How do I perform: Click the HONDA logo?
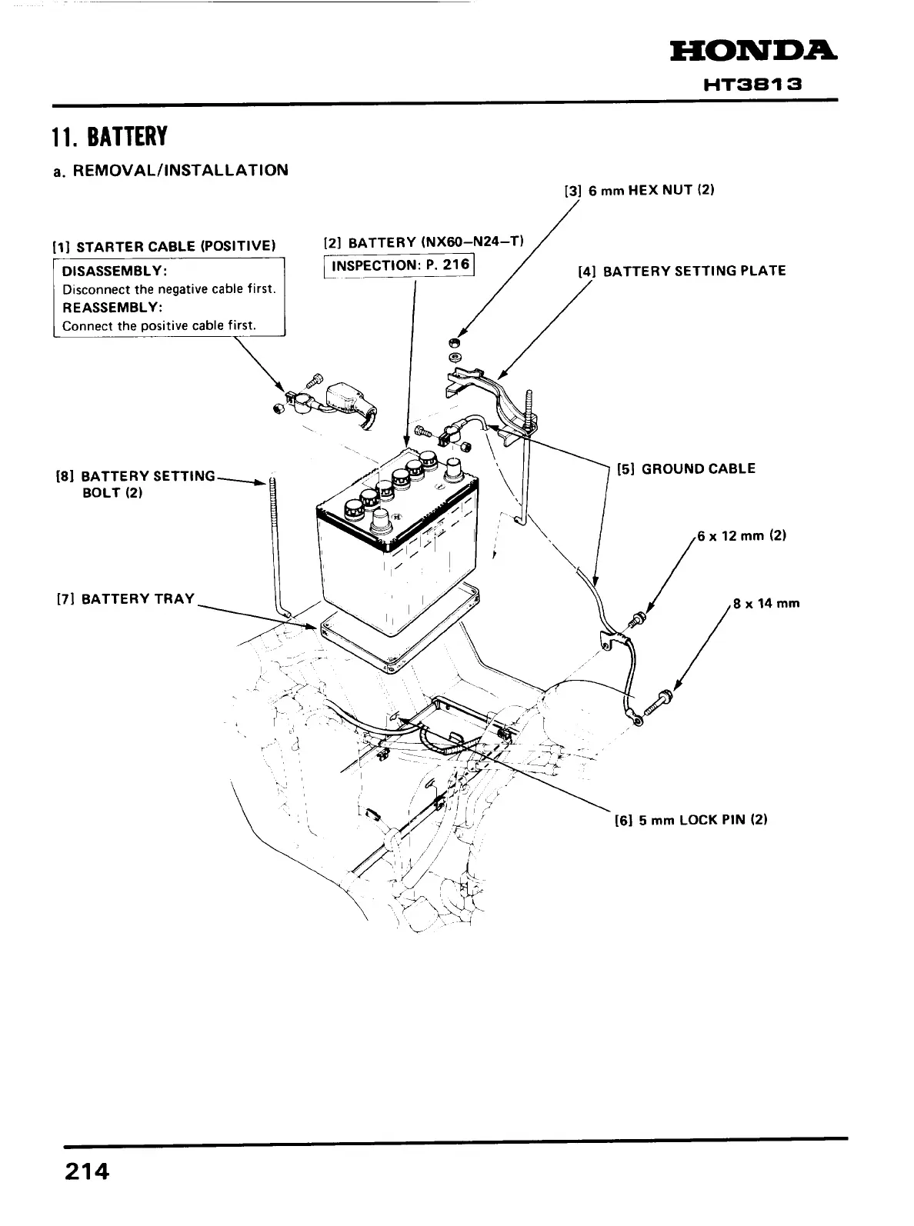754,52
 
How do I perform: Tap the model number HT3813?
753,85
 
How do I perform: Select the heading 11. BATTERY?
108,138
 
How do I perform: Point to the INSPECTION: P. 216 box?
399,266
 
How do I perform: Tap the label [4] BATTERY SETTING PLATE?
682,271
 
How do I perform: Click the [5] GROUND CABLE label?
686,468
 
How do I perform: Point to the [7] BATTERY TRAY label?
126,598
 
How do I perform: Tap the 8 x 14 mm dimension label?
766,603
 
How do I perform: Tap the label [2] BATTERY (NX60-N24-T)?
424,242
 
